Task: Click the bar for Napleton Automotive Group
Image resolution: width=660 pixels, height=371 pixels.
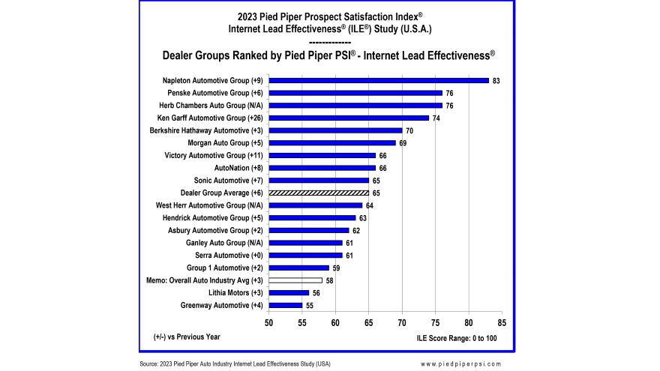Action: [x=379, y=80]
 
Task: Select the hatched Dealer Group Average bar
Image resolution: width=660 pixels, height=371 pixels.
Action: [x=319, y=193]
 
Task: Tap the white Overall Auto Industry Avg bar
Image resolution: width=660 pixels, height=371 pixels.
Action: [x=295, y=280]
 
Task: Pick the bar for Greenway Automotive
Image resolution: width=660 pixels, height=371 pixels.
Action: [x=286, y=305]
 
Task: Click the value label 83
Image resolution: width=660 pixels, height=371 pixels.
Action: [x=496, y=80]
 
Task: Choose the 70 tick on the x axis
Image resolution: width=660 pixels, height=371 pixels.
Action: [x=402, y=323]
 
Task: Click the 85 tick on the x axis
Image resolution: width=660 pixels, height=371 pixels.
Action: [x=502, y=323]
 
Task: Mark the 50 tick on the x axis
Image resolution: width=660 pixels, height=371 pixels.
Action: [x=269, y=323]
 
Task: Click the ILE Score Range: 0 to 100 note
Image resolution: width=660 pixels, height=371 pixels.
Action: [x=456, y=338]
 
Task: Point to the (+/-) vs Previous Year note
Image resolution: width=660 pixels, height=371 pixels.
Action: [x=187, y=337]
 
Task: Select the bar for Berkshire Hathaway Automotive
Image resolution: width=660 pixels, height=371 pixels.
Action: [x=335, y=130]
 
